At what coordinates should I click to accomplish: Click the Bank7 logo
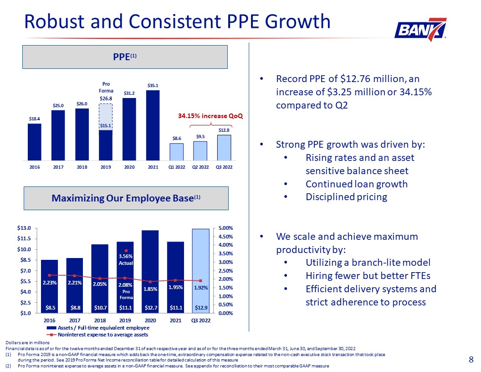(x=420, y=30)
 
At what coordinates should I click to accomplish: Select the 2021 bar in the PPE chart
(x=153, y=125)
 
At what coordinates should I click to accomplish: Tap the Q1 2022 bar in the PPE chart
(x=177, y=152)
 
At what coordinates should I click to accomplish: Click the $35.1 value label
(x=153, y=85)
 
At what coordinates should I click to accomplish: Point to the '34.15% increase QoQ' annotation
(x=210, y=116)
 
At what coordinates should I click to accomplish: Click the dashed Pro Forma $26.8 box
(x=106, y=117)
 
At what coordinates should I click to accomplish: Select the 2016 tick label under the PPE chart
(x=35, y=167)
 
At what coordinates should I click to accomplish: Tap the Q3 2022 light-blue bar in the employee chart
(x=201, y=271)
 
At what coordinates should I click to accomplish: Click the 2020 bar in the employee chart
(x=150, y=272)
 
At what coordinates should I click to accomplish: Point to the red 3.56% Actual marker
(x=126, y=251)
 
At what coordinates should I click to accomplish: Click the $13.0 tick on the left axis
(x=24, y=228)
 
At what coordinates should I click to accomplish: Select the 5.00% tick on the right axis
(x=225, y=228)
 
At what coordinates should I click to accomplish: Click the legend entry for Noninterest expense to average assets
(x=97, y=335)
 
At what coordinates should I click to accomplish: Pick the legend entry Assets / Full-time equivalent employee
(x=98, y=328)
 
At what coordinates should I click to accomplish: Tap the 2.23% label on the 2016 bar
(x=49, y=283)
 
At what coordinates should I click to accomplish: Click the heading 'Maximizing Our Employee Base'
(x=126, y=198)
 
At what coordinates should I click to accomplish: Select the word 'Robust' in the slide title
(x=54, y=21)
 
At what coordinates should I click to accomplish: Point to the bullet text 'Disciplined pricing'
(x=346, y=197)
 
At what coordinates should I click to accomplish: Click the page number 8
(x=471, y=359)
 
